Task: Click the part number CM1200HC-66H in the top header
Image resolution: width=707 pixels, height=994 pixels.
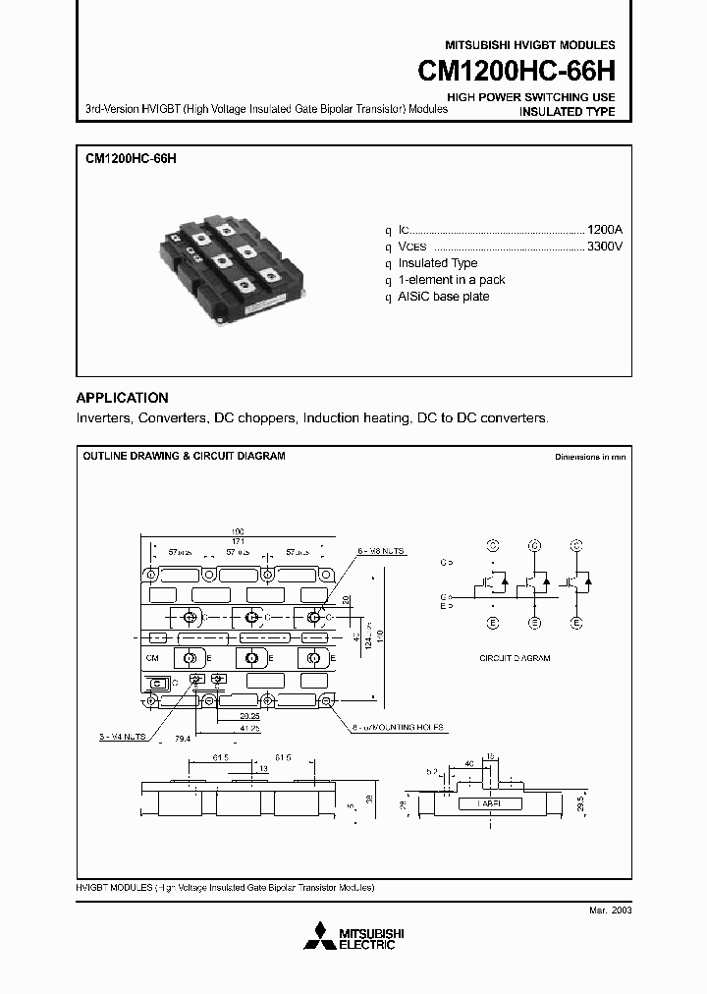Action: click(x=517, y=73)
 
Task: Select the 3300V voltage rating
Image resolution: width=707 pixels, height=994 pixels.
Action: click(x=603, y=246)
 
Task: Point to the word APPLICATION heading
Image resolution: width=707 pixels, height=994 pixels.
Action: click(x=122, y=398)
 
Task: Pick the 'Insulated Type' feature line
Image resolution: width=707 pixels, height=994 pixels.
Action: click(x=438, y=263)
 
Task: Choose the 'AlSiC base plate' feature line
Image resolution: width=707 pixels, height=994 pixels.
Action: click(x=444, y=297)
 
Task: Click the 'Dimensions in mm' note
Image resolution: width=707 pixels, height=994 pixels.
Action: click(x=589, y=457)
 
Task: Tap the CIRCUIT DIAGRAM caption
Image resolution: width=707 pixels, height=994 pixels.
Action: click(x=515, y=657)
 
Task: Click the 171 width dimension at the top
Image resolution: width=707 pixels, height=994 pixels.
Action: click(x=238, y=542)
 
